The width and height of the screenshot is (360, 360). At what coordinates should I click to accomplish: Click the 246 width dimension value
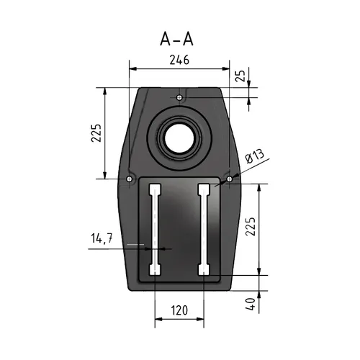click(x=179, y=60)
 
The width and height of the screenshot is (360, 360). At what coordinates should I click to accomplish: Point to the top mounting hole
click(x=179, y=94)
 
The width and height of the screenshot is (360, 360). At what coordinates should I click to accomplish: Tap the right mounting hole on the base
click(x=229, y=178)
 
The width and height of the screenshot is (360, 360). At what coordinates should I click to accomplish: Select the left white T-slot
click(x=155, y=230)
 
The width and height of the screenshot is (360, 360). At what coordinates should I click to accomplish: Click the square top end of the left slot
click(x=155, y=190)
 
